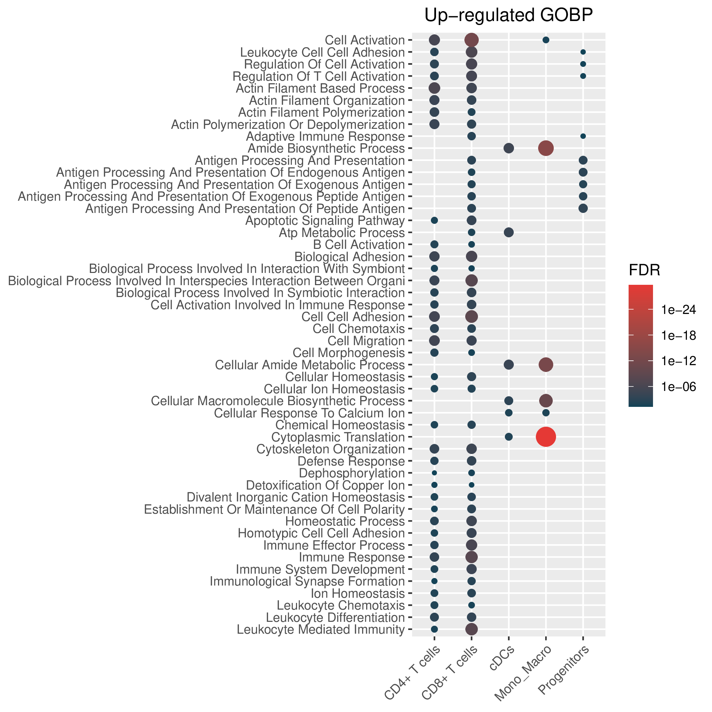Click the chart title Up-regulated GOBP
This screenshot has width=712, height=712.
coord(509,16)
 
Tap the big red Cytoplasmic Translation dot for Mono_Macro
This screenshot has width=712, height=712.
coord(546,437)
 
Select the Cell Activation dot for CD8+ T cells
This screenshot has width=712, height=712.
coord(471,40)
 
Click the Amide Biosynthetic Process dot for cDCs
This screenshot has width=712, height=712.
coord(509,148)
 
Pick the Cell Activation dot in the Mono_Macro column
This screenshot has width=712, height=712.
coord(546,40)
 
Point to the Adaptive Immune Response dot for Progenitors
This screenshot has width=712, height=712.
coord(583,136)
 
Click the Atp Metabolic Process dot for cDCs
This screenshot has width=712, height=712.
coord(509,233)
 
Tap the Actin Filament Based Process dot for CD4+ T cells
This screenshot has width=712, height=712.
coord(434,88)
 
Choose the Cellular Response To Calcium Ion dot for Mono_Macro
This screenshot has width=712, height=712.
coord(546,413)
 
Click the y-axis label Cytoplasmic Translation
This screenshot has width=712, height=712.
coord(338,437)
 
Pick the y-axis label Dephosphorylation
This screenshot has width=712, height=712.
coord(352,473)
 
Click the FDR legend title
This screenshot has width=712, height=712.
coord(644,271)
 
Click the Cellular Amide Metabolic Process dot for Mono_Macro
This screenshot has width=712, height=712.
coord(546,364)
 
